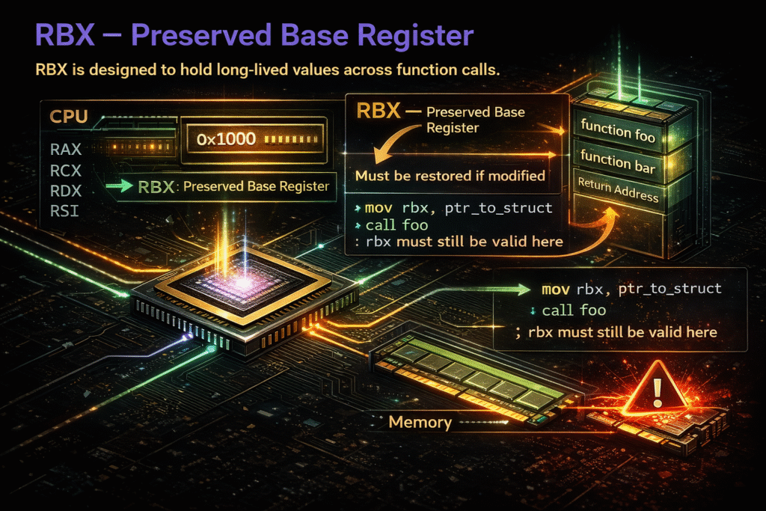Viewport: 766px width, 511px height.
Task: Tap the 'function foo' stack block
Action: coord(618,134)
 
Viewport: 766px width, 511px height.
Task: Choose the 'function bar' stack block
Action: coord(618,164)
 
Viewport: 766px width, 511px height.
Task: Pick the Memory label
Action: coord(420,423)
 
